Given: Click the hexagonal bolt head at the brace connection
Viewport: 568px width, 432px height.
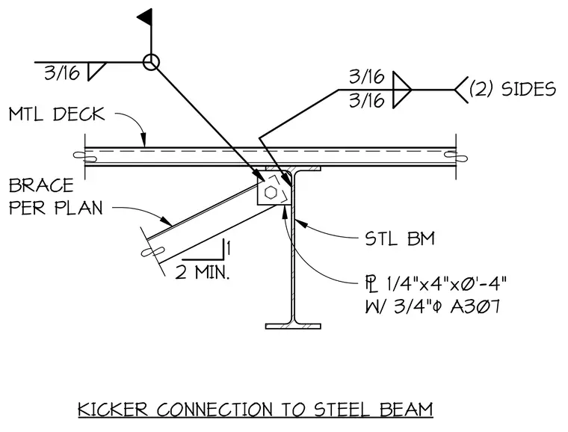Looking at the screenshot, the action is [271, 192].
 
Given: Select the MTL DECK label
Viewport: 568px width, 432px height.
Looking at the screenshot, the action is [57, 114].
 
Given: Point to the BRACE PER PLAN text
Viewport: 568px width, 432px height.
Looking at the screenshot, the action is [56, 197].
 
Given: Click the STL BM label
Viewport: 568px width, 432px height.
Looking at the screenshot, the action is [400, 238].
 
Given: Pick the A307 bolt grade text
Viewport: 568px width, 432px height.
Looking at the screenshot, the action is [475, 306].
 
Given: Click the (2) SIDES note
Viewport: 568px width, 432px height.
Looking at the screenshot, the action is [512, 89].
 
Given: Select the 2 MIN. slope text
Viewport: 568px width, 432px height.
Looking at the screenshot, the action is [203, 272].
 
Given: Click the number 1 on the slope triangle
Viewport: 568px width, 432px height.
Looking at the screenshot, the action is [229, 248].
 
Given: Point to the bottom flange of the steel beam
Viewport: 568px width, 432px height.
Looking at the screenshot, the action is [293, 327].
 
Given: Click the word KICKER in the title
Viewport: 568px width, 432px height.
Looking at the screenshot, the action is [113, 410].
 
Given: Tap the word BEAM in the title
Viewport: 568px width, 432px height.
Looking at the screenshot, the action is [407, 410].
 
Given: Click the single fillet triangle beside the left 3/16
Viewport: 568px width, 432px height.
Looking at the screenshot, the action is [96, 71].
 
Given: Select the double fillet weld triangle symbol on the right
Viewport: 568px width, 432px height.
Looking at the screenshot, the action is [402, 90].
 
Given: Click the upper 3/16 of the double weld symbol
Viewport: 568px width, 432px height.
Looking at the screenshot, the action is [367, 77].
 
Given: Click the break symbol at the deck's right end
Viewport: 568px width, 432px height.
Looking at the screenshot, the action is [456, 156].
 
